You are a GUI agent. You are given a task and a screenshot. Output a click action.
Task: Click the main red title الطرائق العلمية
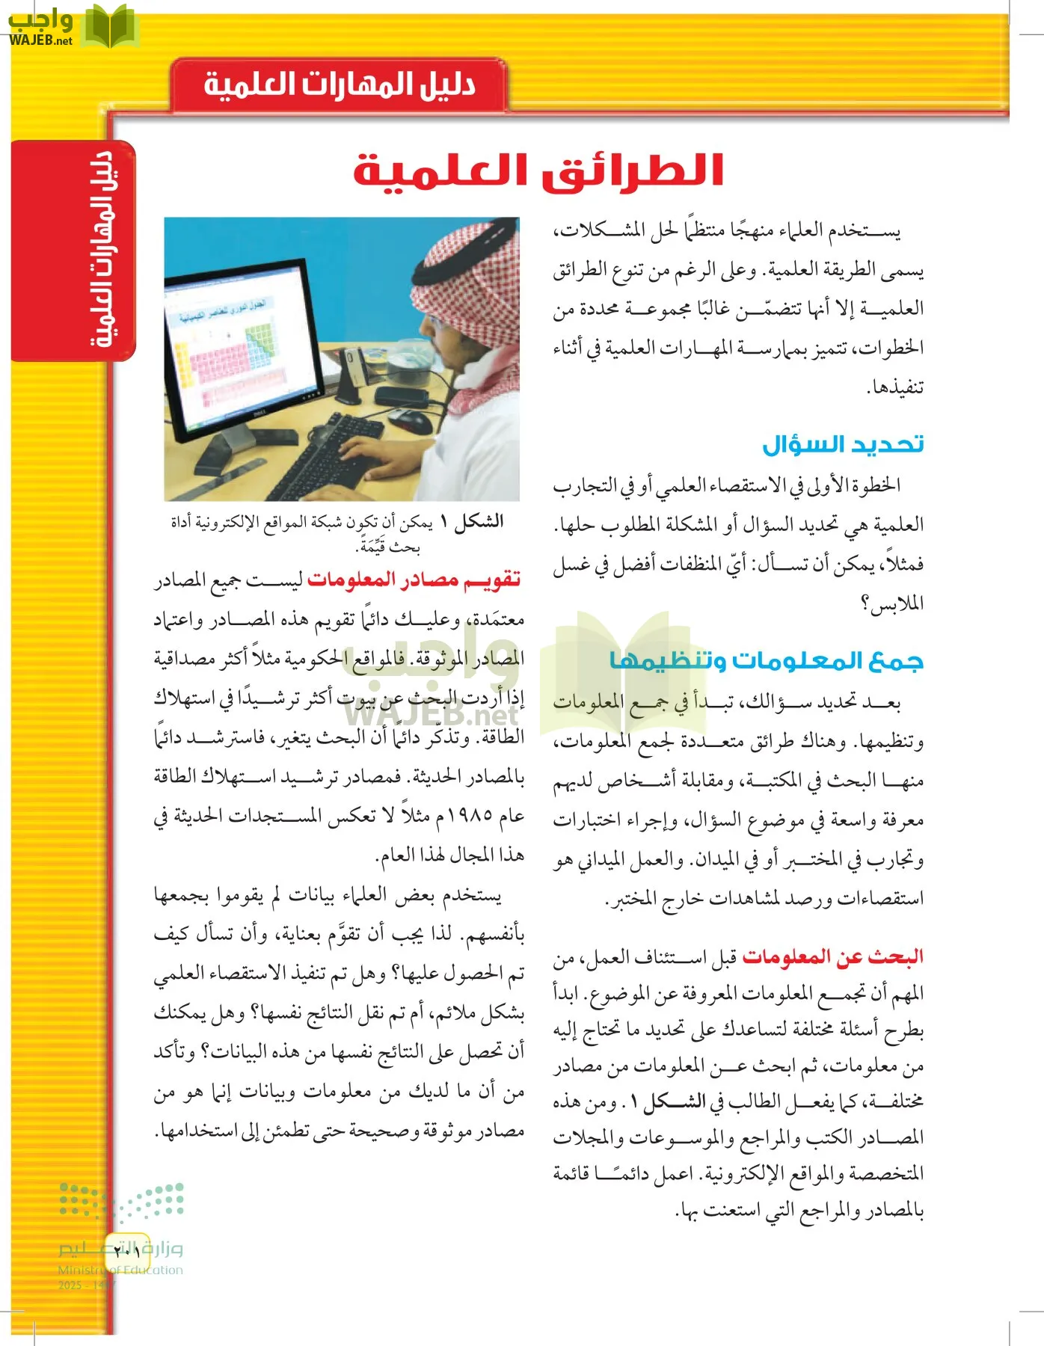click(x=538, y=170)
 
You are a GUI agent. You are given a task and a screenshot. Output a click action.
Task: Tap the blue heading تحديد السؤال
click(x=843, y=444)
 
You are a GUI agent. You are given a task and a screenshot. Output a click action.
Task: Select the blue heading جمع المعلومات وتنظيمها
click(x=767, y=661)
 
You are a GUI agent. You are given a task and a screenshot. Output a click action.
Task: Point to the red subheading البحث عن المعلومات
click(x=832, y=956)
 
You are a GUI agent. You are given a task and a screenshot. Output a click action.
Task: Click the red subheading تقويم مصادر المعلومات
click(x=414, y=580)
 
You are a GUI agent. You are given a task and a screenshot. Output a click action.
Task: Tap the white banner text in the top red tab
click(x=340, y=84)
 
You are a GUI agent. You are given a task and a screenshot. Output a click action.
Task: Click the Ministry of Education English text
click(x=120, y=1270)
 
